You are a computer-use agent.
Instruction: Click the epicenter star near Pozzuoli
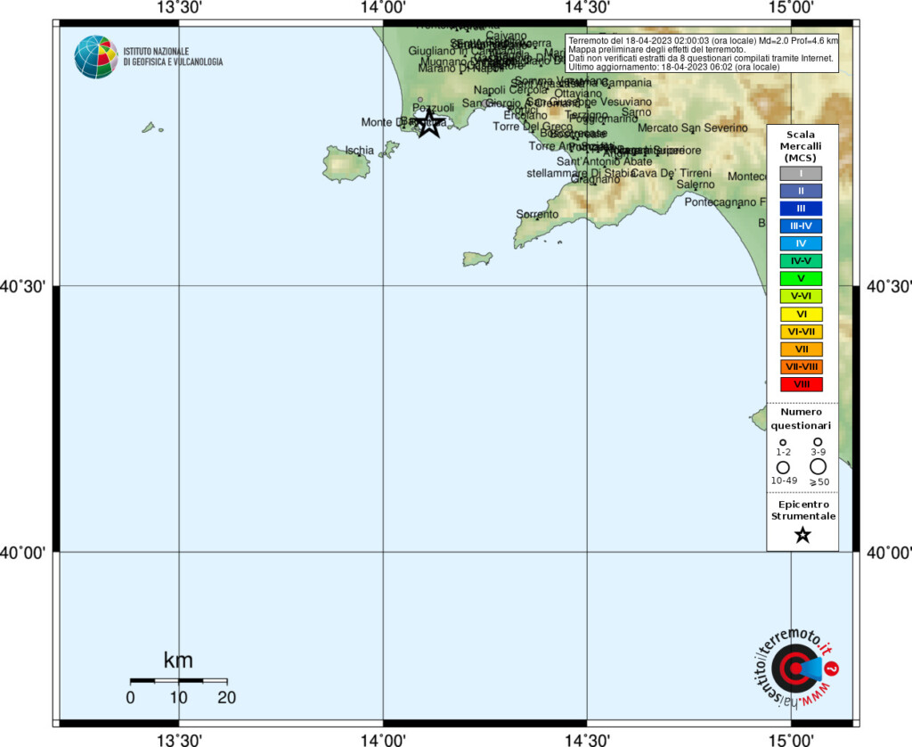click(428, 123)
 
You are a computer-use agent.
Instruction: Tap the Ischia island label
click(359, 150)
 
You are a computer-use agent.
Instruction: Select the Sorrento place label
click(537, 214)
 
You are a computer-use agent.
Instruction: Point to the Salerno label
click(695, 185)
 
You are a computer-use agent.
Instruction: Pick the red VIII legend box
click(801, 384)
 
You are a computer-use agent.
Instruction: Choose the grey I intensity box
click(801, 173)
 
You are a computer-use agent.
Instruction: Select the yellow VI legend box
click(801, 314)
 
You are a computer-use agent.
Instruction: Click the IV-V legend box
click(801, 261)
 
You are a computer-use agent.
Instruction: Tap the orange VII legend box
click(801, 349)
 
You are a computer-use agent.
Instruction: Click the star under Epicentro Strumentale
click(802, 535)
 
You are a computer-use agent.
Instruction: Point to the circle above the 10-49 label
click(784, 467)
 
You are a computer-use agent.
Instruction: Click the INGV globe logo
click(95, 57)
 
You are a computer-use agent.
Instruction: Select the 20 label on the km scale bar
click(226, 698)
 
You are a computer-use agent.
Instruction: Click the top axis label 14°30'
click(587, 9)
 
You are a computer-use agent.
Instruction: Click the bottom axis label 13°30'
click(179, 738)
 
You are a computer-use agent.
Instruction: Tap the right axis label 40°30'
click(886, 286)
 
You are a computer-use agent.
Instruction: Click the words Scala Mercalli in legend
click(803, 140)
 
